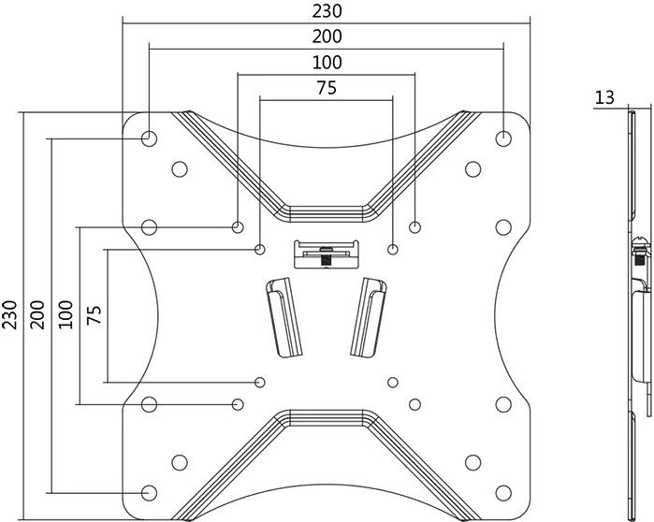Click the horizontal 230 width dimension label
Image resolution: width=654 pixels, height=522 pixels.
click(x=327, y=11)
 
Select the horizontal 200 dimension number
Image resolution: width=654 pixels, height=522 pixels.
click(x=327, y=36)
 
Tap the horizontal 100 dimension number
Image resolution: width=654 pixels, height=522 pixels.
click(x=327, y=63)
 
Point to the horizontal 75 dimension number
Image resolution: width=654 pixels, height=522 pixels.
click(x=327, y=89)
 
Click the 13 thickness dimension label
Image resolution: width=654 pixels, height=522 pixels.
click(x=604, y=96)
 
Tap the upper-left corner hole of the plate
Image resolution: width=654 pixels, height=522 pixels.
click(x=149, y=138)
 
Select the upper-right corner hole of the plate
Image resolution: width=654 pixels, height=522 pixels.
click(x=504, y=138)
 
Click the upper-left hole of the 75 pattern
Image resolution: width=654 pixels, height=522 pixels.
click(x=260, y=249)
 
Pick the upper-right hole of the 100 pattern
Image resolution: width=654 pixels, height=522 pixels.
click(x=415, y=226)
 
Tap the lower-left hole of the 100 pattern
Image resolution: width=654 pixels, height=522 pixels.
click(x=238, y=404)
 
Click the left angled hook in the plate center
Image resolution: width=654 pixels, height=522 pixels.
click(x=284, y=317)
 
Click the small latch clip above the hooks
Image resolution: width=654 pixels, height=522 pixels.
click(x=327, y=254)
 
